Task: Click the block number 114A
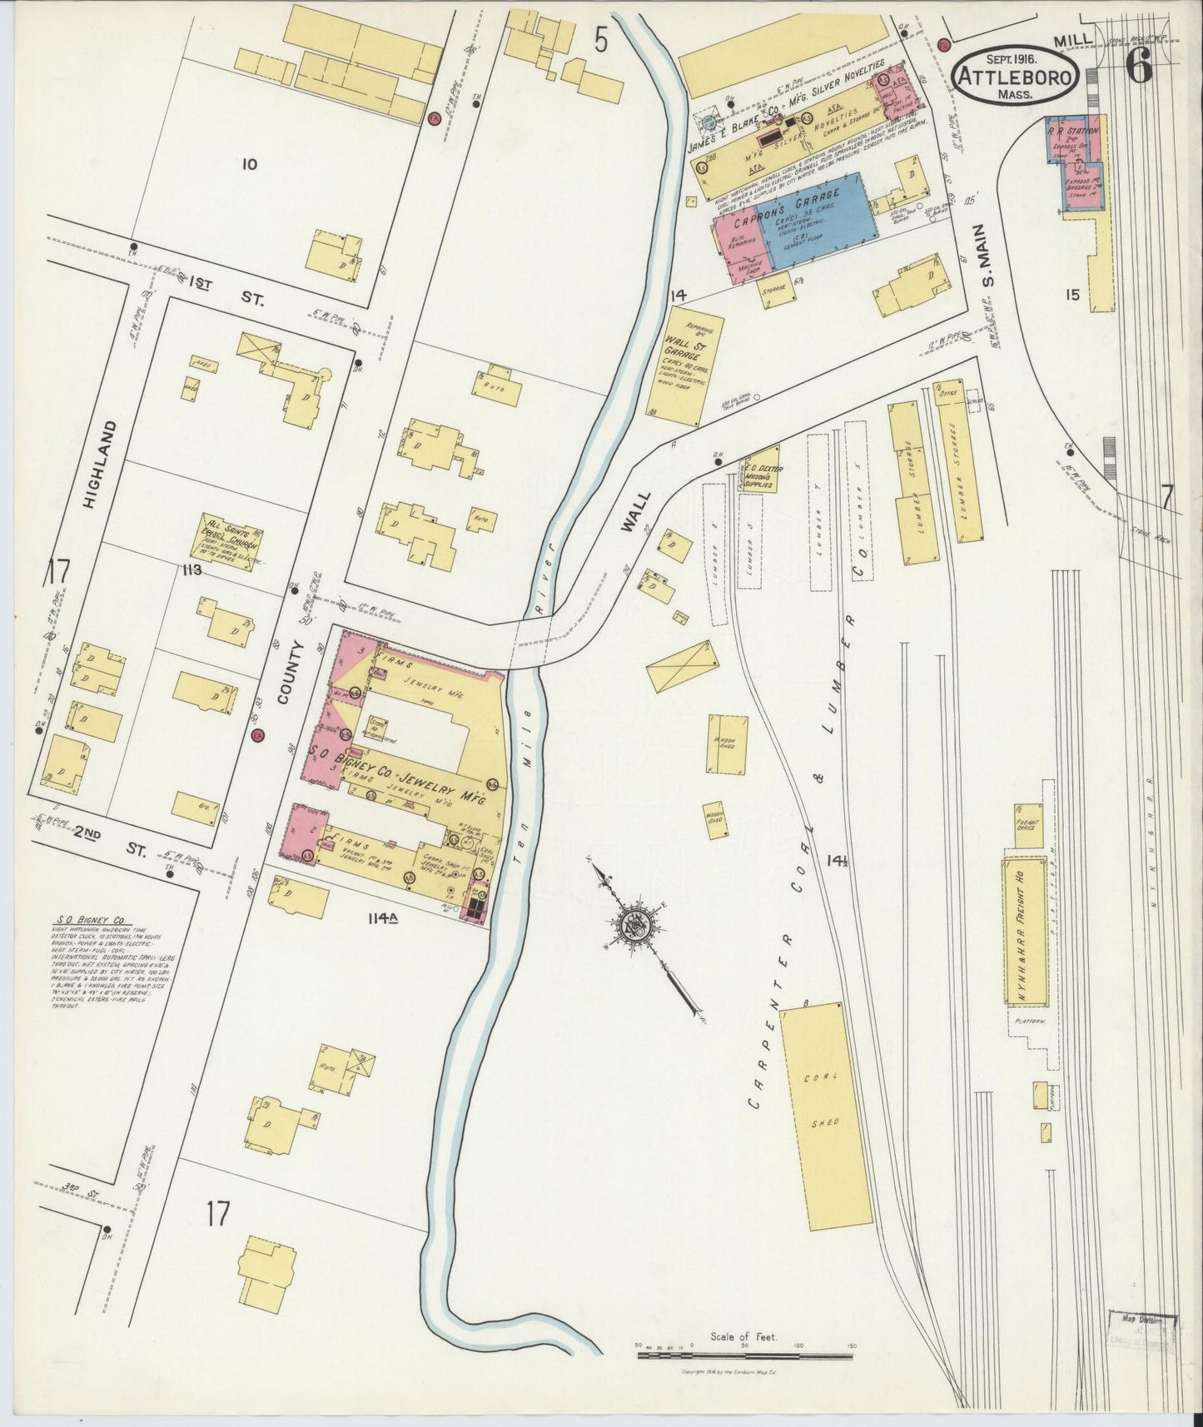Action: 383,918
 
